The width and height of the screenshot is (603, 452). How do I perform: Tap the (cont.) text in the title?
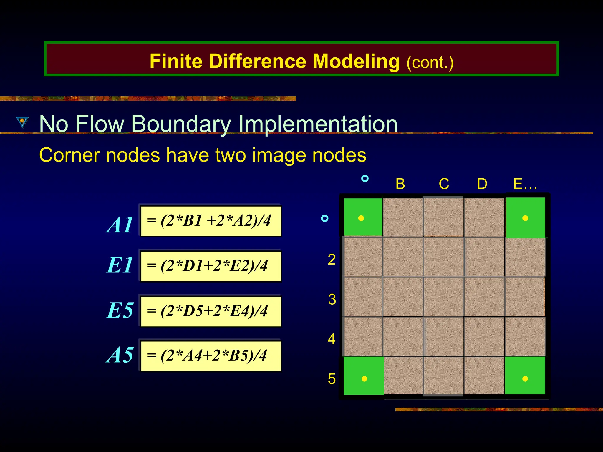click(x=430, y=62)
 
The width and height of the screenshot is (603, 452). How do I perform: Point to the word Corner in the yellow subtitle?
click(x=70, y=155)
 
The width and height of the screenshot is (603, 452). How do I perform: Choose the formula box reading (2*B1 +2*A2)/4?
click(x=211, y=221)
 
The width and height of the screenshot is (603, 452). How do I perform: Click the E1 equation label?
click(x=119, y=265)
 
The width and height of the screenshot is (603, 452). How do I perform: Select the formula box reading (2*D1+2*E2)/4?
click(x=211, y=266)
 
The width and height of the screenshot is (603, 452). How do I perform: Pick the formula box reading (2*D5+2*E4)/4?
click(x=211, y=311)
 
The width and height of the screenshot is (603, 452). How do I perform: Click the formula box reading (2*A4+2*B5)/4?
click(x=211, y=356)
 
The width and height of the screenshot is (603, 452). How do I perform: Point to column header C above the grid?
click(x=444, y=184)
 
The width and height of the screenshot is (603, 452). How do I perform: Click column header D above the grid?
click(x=482, y=184)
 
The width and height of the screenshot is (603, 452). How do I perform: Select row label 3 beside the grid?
click(x=332, y=299)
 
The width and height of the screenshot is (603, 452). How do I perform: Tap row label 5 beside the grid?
click(x=332, y=379)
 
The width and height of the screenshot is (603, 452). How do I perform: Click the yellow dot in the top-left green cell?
click(x=361, y=218)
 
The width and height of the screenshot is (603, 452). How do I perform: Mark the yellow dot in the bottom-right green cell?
click(x=525, y=379)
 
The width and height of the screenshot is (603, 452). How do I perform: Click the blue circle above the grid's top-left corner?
click(x=365, y=178)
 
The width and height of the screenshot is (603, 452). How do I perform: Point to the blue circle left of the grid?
click(x=324, y=218)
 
